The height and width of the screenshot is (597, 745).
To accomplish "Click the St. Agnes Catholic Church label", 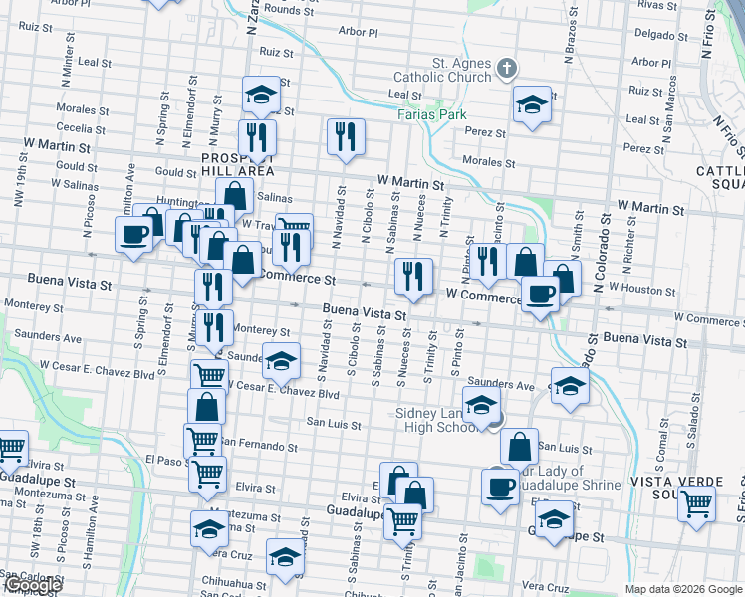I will coord(461,70).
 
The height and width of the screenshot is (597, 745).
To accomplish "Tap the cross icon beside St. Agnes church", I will coord(508,69).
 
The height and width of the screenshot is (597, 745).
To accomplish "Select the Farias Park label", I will coord(432,114).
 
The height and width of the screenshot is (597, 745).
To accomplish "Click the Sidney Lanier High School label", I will coord(436,420).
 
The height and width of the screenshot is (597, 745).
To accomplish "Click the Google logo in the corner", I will coord(32,586).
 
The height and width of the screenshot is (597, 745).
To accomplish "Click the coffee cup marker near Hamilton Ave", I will coord(133,236).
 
